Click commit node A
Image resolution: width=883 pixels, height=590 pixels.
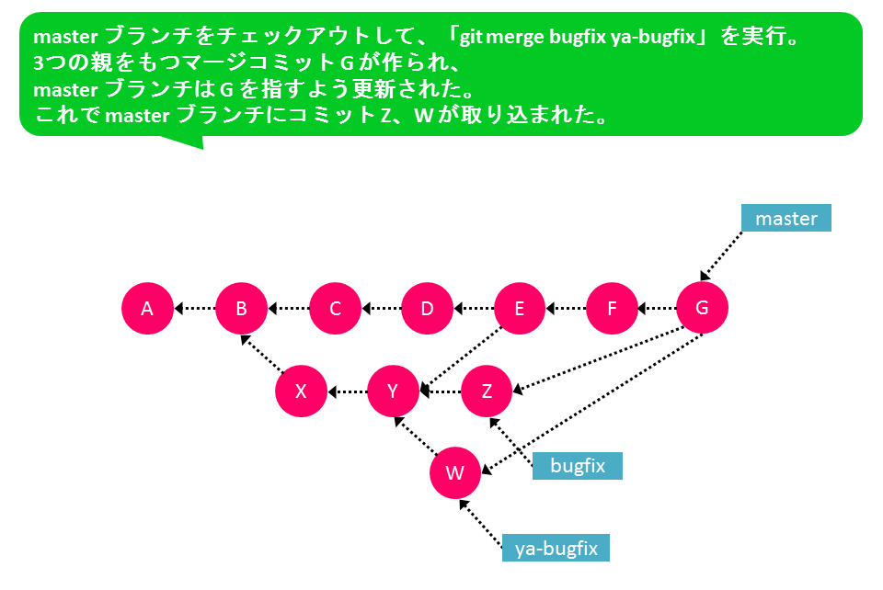click(x=147, y=308)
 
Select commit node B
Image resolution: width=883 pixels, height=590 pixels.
click(x=241, y=308)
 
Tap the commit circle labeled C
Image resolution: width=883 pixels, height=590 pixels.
click(x=335, y=308)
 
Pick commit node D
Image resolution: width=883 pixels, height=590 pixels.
click(x=427, y=308)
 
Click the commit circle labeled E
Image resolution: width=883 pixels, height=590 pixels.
click(x=519, y=308)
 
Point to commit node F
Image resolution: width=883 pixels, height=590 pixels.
click(x=612, y=308)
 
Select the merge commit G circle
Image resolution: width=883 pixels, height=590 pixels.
click(x=702, y=308)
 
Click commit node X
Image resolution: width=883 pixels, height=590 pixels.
click(x=302, y=391)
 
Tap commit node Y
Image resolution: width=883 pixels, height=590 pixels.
click(x=393, y=391)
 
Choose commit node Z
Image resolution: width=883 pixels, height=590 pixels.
click(x=487, y=391)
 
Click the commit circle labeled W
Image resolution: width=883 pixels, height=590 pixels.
click(x=455, y=473)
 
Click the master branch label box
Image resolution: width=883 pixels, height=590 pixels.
click(x=786, y=218)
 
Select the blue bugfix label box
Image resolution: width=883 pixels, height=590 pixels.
click(x=578, y=466)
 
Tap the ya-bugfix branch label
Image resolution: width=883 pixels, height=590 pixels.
click(x=556, y=548)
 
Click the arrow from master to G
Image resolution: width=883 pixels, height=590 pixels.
click(x=721, y=255)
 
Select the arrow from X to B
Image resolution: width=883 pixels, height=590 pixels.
click(x=262, y=354)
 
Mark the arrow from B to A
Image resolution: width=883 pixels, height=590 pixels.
click(x=195, y=308)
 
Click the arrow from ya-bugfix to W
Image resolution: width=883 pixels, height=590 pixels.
click(x=480, y=523)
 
